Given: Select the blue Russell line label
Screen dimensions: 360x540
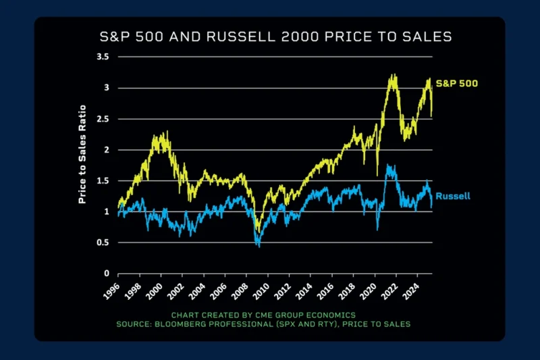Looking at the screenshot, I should click(453, 196).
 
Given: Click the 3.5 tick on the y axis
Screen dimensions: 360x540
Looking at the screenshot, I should click(103, 57).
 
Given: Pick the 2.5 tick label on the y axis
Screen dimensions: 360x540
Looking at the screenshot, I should click(103, 119).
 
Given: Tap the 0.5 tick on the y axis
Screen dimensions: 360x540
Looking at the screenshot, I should click(103, 242).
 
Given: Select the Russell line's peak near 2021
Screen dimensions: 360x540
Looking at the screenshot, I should click(388, 165).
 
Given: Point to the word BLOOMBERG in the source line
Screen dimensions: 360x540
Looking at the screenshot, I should click(202, 324).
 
